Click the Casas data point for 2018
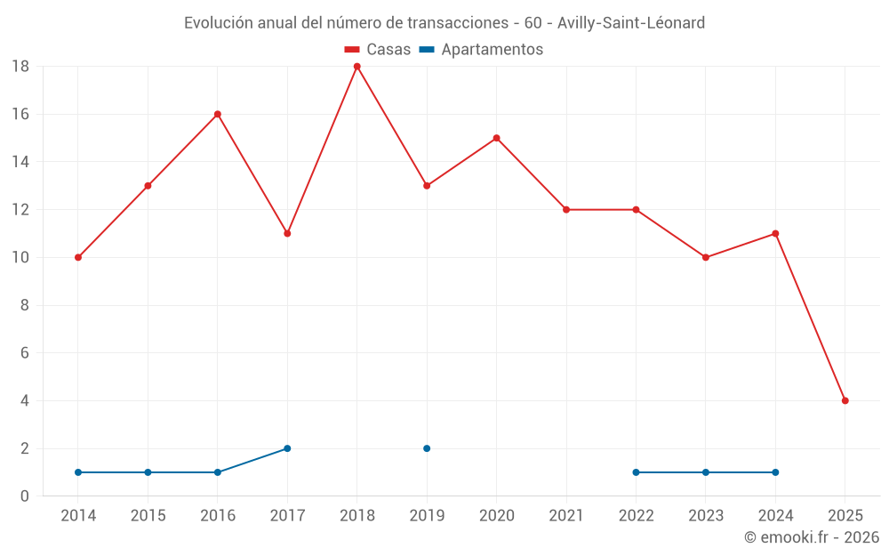pos(357,67)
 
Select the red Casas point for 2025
pos(845,400)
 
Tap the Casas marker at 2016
pos(218,114)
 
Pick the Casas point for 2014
pos(78,257)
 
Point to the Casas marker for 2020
pos(497,138)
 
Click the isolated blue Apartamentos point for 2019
pos(427,448)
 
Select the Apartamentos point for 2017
pos(287,448)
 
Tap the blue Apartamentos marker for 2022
pos(636,472)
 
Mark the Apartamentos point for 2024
pos(775,472)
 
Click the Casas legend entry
pos(378,50)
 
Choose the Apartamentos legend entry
pos(481,50)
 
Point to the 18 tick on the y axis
pos(20,67)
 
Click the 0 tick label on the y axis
pos(25,496)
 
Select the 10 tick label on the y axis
pos(20,258)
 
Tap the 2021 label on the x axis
pos(566,516)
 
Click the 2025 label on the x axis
pos(845,516)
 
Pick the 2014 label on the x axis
pos(78,516)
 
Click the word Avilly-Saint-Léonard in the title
pos(630,23)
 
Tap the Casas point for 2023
pos(706,257)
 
